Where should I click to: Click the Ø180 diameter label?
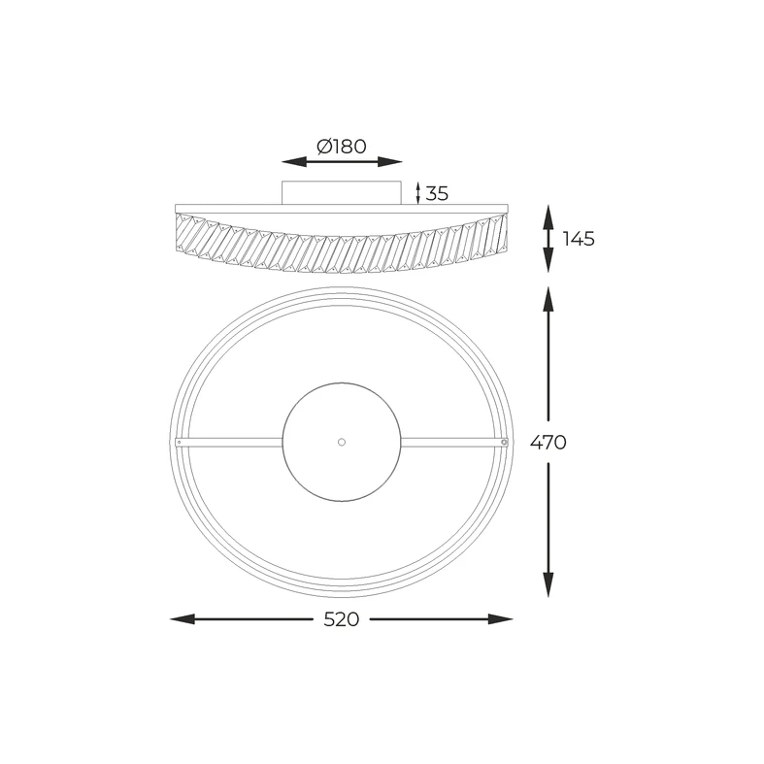pos(341,147)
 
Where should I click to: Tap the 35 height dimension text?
pos(437,194)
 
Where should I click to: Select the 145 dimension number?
pos(579,239)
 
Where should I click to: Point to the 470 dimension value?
pos(548,443)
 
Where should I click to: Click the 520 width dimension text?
pos(341,619)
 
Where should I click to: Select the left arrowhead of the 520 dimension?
pos(183,619)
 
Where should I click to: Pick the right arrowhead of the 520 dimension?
pos(500,619)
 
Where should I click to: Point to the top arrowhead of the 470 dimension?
pos(548,299)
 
